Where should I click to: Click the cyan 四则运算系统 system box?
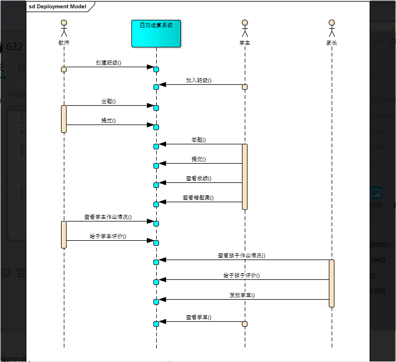156,34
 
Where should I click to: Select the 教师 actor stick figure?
64,29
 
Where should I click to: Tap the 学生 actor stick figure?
245,29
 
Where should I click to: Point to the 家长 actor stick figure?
332,29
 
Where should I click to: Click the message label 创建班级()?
108,63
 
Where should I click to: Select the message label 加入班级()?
199,80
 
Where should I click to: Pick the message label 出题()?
108,102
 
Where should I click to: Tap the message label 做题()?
199,140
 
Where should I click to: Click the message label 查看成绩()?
199,179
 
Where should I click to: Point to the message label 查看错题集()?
198,197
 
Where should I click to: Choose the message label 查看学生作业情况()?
108,217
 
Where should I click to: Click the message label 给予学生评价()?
108,236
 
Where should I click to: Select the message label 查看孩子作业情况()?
241,256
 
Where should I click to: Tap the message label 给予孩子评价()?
241,275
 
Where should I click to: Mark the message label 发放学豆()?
241,295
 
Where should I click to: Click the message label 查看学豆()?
199,317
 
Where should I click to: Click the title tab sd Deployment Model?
57,7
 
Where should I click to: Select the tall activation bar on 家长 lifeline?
332,283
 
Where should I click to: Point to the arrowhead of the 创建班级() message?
150,67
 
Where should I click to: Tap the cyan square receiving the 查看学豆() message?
156,323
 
